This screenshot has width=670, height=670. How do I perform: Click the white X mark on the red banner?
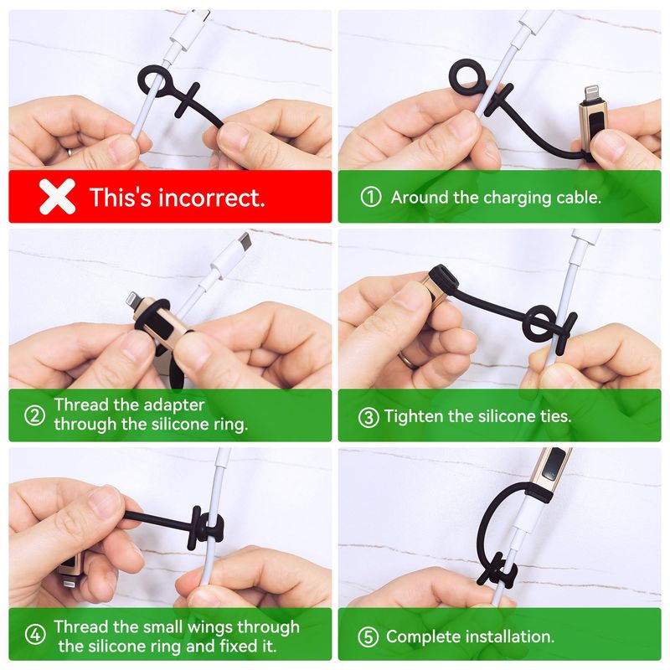pos(57,197)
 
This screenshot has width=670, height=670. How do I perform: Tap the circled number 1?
pos(370,198)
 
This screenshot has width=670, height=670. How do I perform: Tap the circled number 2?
pos(34,415)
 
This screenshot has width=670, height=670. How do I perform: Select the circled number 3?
pos(368,417)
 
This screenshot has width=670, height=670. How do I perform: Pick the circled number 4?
pos(35,635)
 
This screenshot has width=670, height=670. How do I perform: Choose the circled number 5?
pos(368,636)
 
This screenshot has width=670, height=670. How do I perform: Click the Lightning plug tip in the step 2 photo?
pos(134,299)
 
